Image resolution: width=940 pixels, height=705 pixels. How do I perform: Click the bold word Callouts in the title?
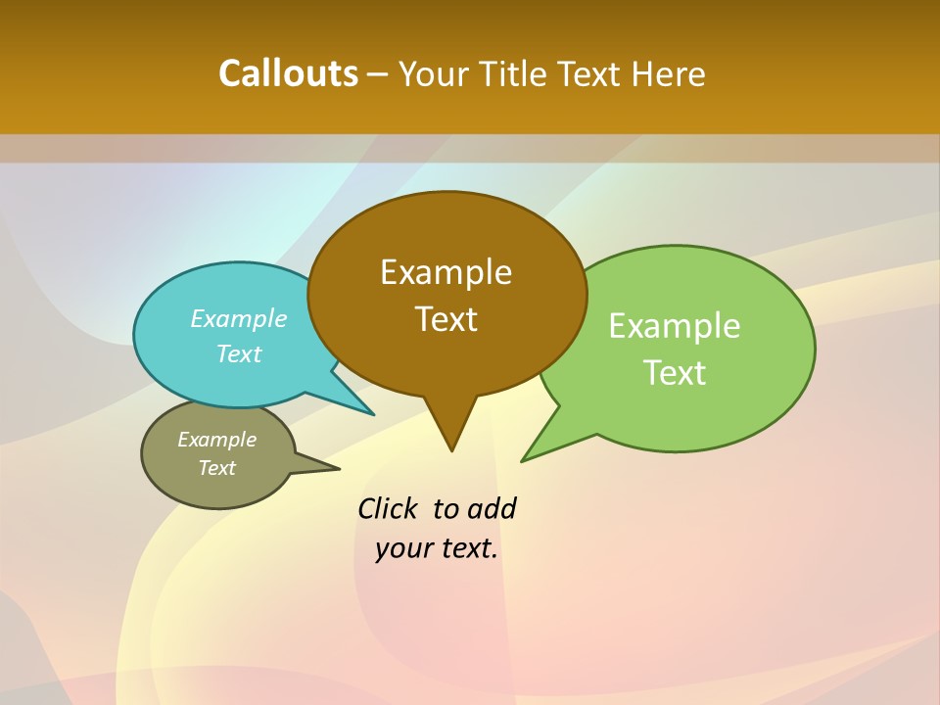tap(288, 73)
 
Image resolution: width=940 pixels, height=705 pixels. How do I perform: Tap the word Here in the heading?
tap(669, 73)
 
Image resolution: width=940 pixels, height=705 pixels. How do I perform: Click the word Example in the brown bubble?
tap(446, 272)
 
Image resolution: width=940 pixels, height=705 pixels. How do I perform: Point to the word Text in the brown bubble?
tap(446, 319)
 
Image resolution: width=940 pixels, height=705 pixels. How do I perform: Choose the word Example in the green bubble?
tap(675, 326)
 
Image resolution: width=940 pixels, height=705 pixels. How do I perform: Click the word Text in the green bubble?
tap(675, 373)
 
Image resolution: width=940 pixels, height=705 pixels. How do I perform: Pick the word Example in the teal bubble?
tap(239, 319)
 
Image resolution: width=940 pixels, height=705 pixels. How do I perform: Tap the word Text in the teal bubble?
tap(239, 354)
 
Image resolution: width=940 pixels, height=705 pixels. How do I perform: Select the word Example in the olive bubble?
tap(216, 440)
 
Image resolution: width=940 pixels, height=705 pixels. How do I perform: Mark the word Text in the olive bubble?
tap(216, 468)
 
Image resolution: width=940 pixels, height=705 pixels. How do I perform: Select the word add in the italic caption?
tap(492, 509)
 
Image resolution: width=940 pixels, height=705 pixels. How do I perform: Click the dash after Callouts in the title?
tap(378, 74)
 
